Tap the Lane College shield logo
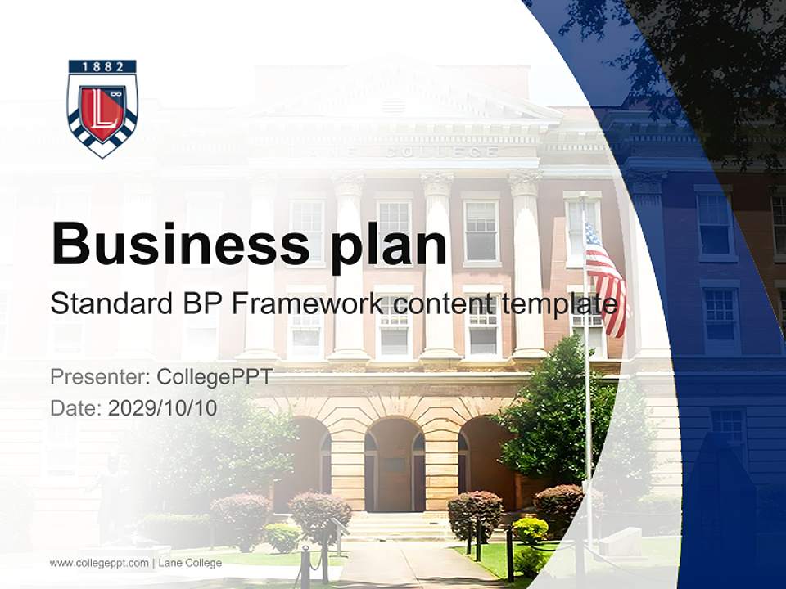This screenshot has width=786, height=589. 102,108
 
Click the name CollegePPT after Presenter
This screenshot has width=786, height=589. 214,377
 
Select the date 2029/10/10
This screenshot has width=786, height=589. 163,407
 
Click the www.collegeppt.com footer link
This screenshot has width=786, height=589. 99,563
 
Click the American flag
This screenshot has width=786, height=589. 605,278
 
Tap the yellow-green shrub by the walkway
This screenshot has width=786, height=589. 531,530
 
